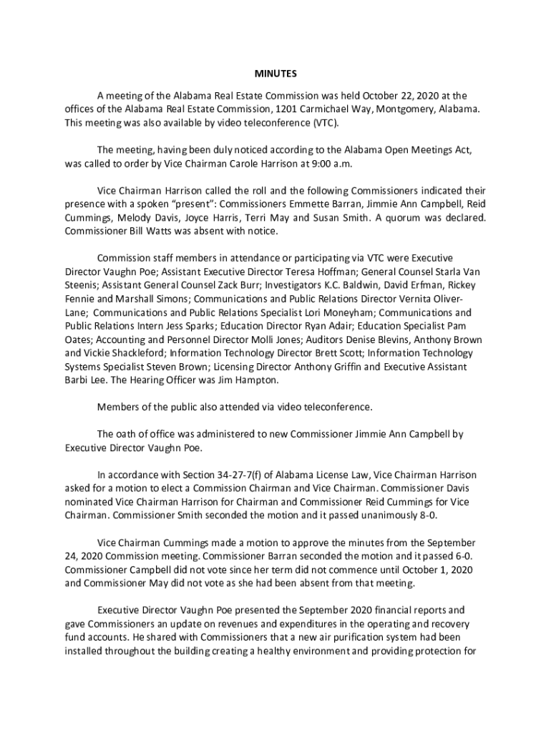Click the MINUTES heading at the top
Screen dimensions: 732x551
[275, 74]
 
